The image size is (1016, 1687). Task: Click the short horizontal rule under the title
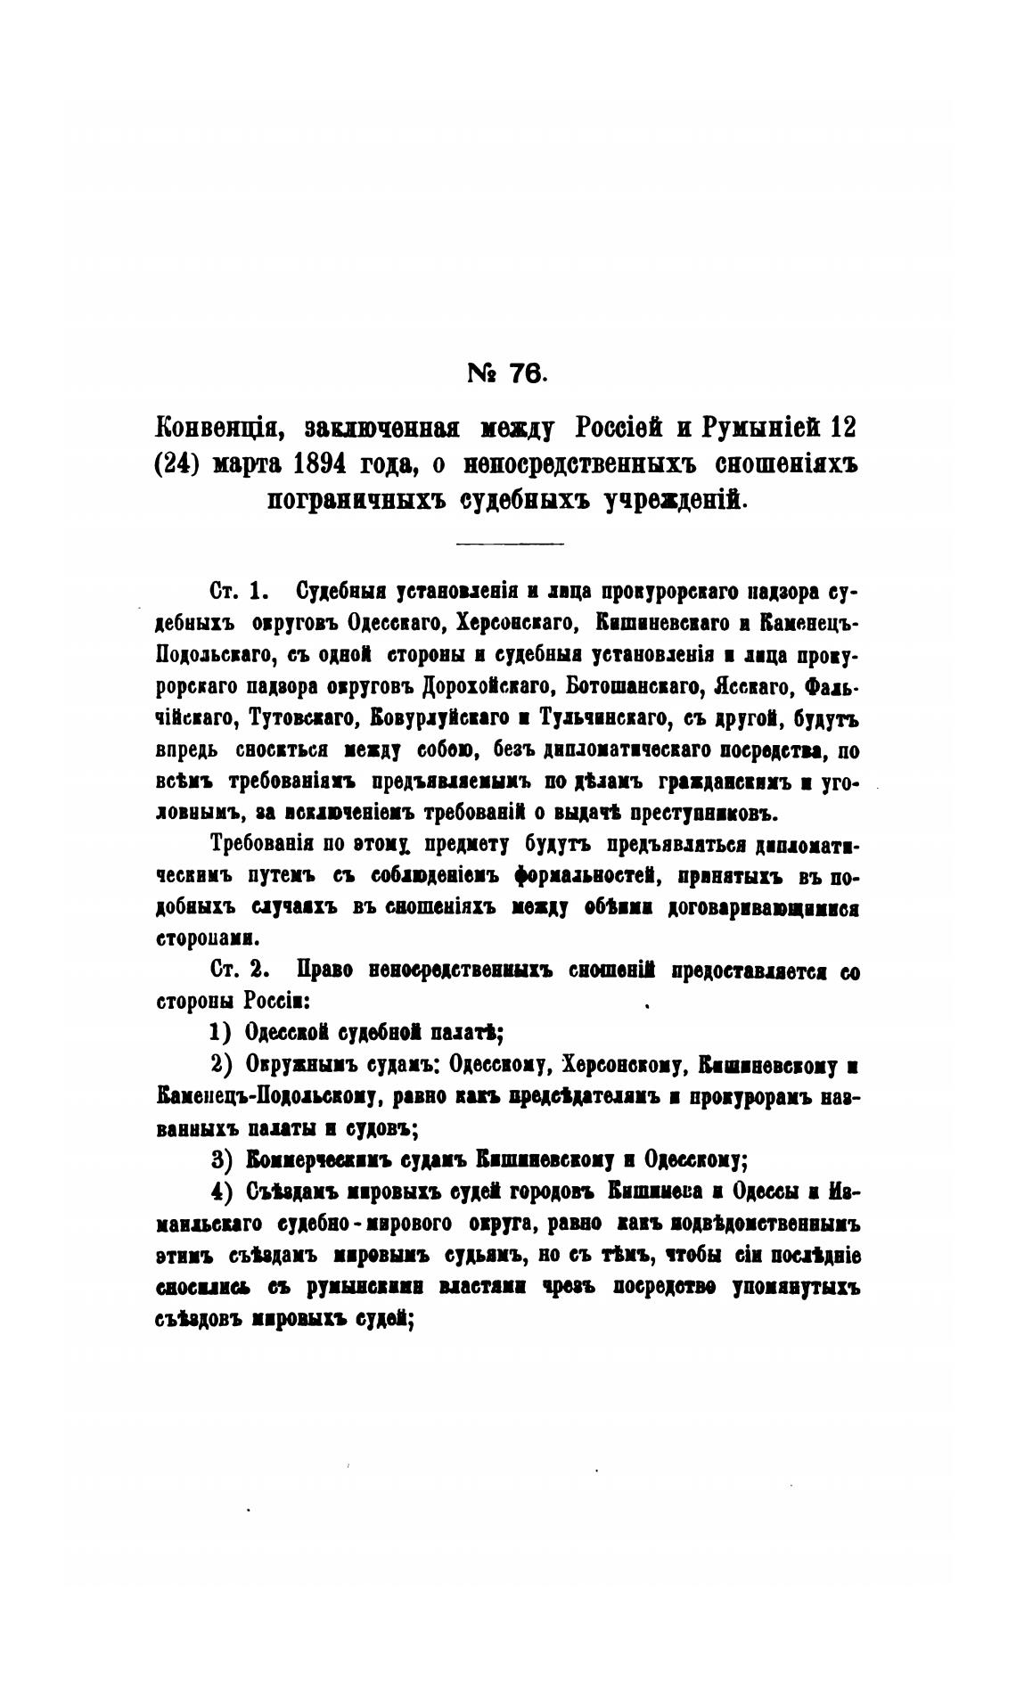[x=509, y=544]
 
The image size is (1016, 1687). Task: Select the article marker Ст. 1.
[x=236, y=592]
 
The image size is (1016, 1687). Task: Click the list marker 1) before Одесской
[x=220, y=1033]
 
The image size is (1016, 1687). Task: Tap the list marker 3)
[x=220, y=1159]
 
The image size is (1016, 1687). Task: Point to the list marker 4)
[x=220, y=1192]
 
